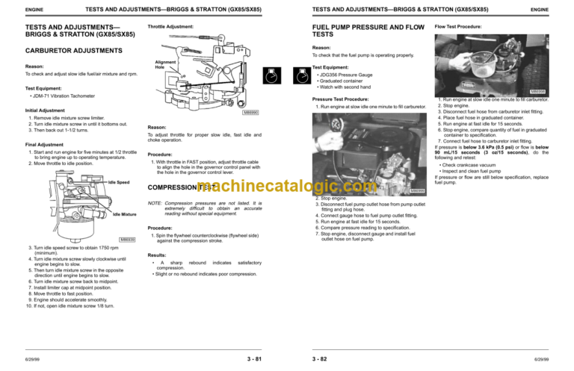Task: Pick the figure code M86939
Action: (x=127, y=239)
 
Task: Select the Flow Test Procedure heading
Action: (x=458, y=27)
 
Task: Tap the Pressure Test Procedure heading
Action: (x=340, y=99)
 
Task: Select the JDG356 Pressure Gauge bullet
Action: (x=346, y=75)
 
